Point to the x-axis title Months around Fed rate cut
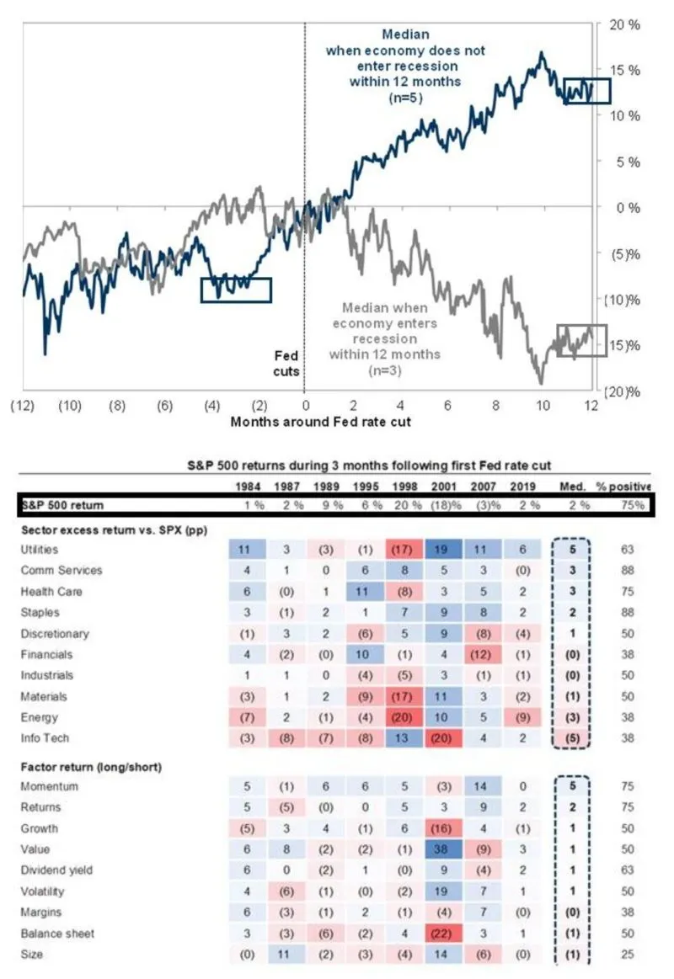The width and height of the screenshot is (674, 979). click(321, 421)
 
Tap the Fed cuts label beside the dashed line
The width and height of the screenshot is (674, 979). click(286, 364)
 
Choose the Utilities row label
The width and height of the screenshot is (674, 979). click(40, 549)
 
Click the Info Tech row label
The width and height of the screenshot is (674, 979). click(44, 737)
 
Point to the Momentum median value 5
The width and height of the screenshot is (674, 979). click(572, 786)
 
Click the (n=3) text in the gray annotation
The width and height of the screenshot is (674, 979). click(384, 369)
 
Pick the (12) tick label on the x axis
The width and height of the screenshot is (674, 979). click(22, 405)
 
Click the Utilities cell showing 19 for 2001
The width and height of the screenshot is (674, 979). click(441, 549)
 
